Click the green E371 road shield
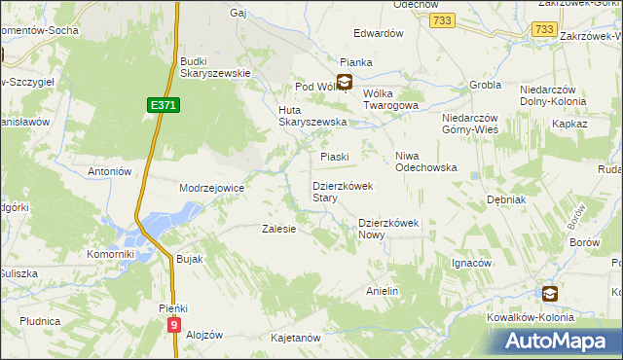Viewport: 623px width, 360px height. (165, 104)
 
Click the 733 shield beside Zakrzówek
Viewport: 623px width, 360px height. (545, 31)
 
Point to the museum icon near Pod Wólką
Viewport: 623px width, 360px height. (345, 83)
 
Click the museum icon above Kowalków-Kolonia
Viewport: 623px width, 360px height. (550, 293)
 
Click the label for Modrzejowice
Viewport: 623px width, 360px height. (211, 187)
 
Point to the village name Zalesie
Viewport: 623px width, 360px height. (278, 230)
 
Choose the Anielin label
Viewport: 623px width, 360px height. (383, 291)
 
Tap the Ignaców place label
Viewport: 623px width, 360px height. (471, 263)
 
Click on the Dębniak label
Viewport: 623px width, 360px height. (506, 198)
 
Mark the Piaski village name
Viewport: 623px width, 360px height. (335, 156)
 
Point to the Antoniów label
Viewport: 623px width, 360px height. (109, 171)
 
